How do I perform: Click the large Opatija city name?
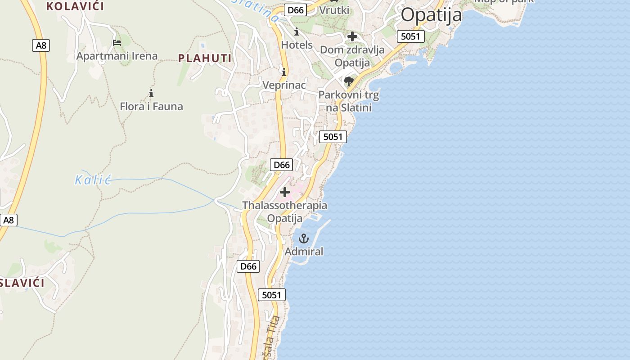[431, 15]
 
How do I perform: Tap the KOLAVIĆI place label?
[75, 6]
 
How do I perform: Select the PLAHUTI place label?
[205, 58]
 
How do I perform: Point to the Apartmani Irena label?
[117, 56]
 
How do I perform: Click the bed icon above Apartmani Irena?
[117, 43]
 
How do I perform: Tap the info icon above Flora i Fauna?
[151, 94]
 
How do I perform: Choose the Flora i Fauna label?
[151, 107]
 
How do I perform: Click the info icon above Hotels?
[297, 32]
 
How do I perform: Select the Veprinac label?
[284, 85]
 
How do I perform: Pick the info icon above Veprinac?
[284, 72]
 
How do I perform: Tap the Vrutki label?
[334, 10]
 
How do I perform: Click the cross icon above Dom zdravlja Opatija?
[352, 36]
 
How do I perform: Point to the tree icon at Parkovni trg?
[348, 81]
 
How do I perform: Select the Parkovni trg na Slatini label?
[349, 101]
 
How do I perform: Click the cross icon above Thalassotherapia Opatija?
[285, 192]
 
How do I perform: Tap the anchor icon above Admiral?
[304, 238]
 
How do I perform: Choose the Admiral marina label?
[304, 252]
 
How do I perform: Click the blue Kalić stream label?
[93, 180]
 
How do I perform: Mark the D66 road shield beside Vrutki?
[296, 10]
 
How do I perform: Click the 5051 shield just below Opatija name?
[410, 36]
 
